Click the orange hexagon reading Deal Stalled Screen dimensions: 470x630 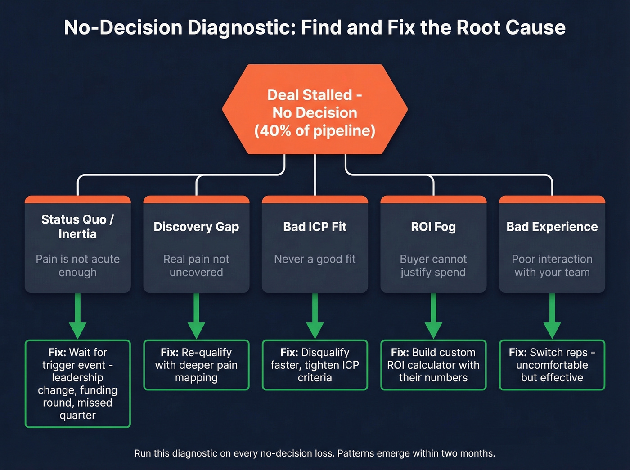(315, 109)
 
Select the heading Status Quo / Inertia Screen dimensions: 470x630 (77, 227)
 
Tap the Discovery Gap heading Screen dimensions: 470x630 (196, 227)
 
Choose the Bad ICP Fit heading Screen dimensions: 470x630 (315, 227)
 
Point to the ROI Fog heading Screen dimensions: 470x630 (433, 227)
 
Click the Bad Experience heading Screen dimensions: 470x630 (552, 227)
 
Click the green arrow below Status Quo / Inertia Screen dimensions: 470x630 (77, 317)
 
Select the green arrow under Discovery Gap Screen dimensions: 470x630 (196, 317)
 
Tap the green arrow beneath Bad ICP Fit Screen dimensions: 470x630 (315, 317)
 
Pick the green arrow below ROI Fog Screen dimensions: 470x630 (433, 317)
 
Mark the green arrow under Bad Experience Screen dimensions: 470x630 (552, 317)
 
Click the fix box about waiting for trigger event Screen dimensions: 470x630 (77, 384)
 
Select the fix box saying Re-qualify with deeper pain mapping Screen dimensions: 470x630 (196, 365)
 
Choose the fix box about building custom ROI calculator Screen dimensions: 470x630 (433, 365)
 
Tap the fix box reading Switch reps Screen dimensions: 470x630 (552, 365)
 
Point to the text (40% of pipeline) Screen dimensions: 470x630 (315, 131)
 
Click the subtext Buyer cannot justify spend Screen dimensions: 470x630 (433, 265)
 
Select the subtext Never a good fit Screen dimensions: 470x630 (315, 259)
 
